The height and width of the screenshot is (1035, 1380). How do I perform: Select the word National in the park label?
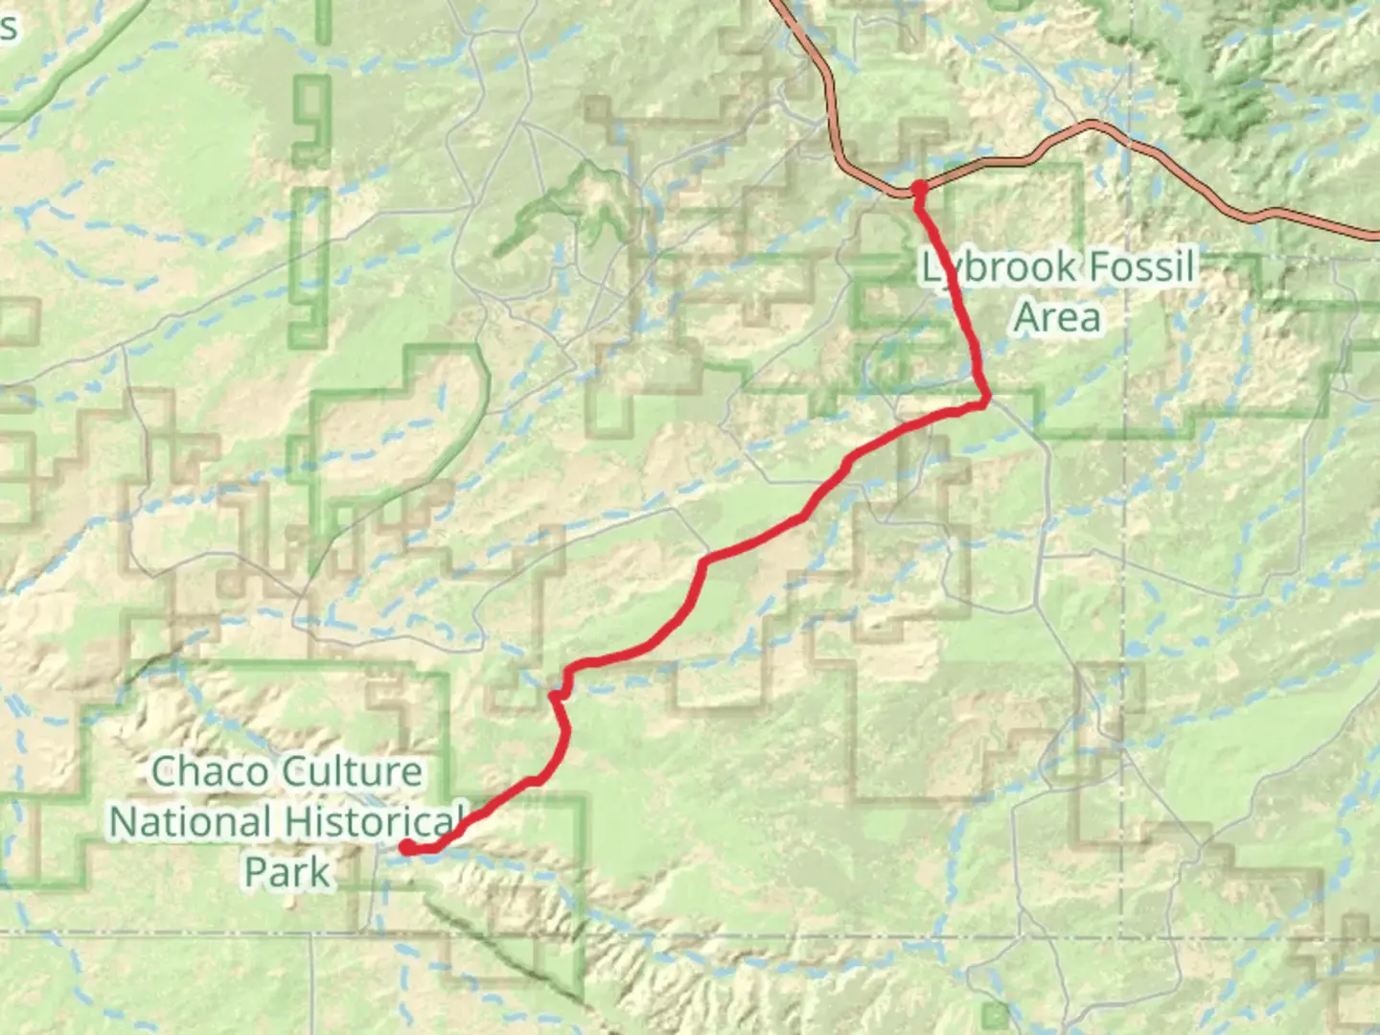coord(190,822)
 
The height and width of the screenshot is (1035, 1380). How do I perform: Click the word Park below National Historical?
coord(287,872)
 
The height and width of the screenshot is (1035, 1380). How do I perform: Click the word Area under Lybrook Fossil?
coord(1057,317)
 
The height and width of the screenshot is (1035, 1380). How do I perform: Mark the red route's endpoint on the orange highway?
coord(918,188)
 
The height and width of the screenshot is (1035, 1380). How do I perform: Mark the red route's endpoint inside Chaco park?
coord(406,847)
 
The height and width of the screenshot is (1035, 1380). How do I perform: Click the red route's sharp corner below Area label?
coord(984,402)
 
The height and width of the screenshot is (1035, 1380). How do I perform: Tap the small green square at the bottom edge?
coord(997,1014)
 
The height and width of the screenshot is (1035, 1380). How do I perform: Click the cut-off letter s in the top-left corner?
coord(9,27)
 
